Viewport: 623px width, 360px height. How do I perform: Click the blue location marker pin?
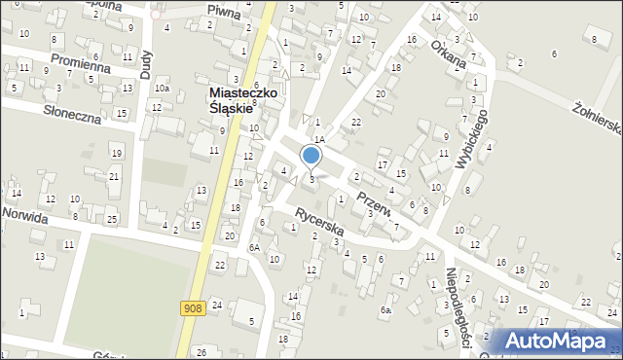point(311,156)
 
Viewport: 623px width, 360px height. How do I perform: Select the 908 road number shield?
point(193,308)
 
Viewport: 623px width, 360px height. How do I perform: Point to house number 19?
point(116,153)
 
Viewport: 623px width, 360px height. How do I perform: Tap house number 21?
point(113,175)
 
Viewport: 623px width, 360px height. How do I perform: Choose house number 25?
point(111,219)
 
